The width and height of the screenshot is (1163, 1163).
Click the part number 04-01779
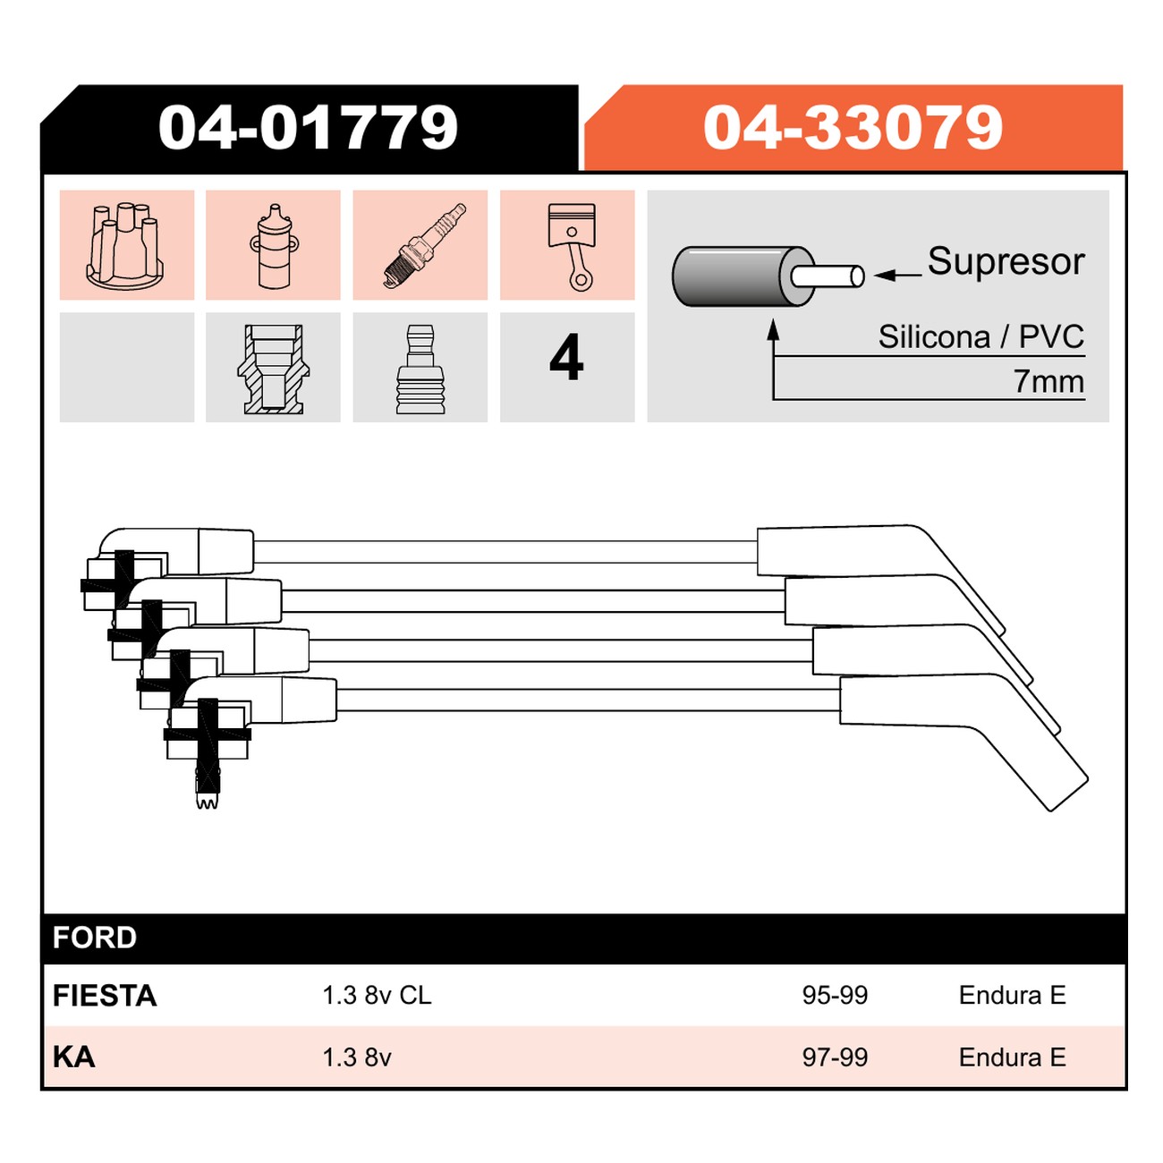pyautogui.click(x=308, y=127)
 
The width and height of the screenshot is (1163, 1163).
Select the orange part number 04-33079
pyautogui.click(x=853, y=127)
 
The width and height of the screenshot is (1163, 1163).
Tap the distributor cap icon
pyautogui.click(x=124, y=245)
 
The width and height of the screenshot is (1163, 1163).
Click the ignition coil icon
pyautogui.click(x=275, y=245)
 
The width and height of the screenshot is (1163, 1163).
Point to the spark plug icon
pyautogui.click(x=424, y=245)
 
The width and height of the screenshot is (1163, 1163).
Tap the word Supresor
pyautogui.click(x=1006, y=262)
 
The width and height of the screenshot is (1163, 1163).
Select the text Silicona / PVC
pyautogui.click(x=980, y=336)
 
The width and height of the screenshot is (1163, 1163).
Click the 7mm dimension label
pyautogui.click(x=1048, y=381)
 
